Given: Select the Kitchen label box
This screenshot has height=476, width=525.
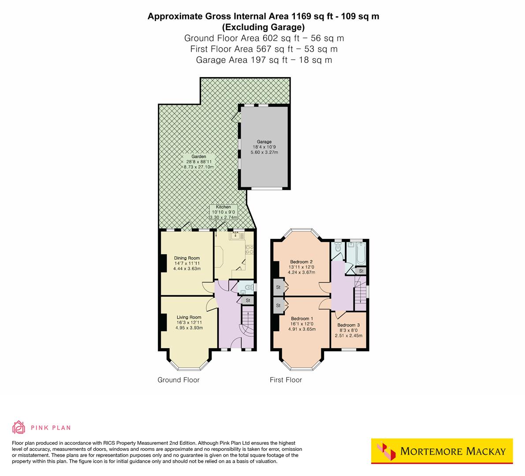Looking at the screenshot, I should pyautogui.click(x=223, y=212).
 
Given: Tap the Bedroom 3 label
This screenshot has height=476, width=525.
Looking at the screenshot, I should pyautogui.click(x=349, y=330).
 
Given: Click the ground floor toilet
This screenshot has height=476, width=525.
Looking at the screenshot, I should pyautogui.click(x=248, y=289).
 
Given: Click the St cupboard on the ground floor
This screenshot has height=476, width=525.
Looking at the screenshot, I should pyautogui.click(x=248, y=301).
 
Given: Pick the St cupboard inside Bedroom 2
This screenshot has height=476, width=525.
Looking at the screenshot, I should pyautogui.click(x=279, y=287).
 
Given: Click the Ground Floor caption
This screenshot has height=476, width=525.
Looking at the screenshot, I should pyautogui.click(x=179, y=380).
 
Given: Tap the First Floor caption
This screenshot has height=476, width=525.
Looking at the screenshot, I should pyautogui.click(x=286, y=380).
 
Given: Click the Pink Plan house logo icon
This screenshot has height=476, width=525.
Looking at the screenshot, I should pyautogui.click(x=19, y=427).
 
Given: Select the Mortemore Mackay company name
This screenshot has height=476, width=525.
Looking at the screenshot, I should pyautogui.click(x=453, y=451).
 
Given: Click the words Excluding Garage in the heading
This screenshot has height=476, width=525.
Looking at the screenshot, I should pyautogui.click(x=263, y=27).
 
